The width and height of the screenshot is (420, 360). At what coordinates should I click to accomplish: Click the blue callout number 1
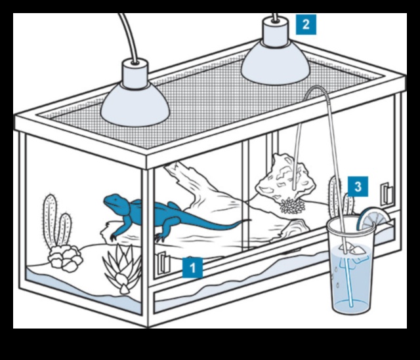[192, 268]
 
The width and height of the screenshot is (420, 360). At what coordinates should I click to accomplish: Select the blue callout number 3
[357, 186]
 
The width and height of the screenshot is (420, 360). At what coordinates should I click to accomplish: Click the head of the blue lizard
[113, 201]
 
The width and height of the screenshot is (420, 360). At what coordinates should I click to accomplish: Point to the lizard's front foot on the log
[114, 233]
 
